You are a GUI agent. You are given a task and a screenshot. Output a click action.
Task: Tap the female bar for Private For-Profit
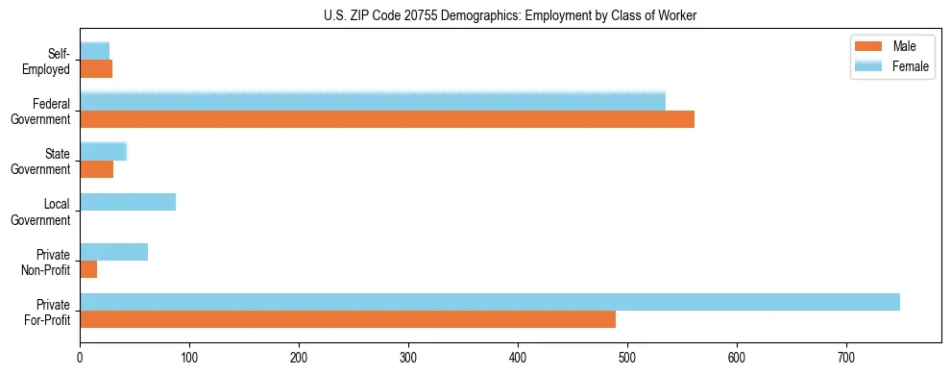click(x=490, y=302)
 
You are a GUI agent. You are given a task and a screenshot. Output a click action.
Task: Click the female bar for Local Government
click(x=128, y=202)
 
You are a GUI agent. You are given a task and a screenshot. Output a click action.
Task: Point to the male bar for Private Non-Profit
click(x=88, y=270)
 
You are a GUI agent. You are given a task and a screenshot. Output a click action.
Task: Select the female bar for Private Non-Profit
click(x=113, y=252)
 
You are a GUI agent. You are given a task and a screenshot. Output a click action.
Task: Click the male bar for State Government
click(x=96, y=169)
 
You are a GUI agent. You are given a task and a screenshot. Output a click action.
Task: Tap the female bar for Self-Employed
click(x=94, y=51)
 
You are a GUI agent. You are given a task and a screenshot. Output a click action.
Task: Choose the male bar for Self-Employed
click(x=96, y=69)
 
